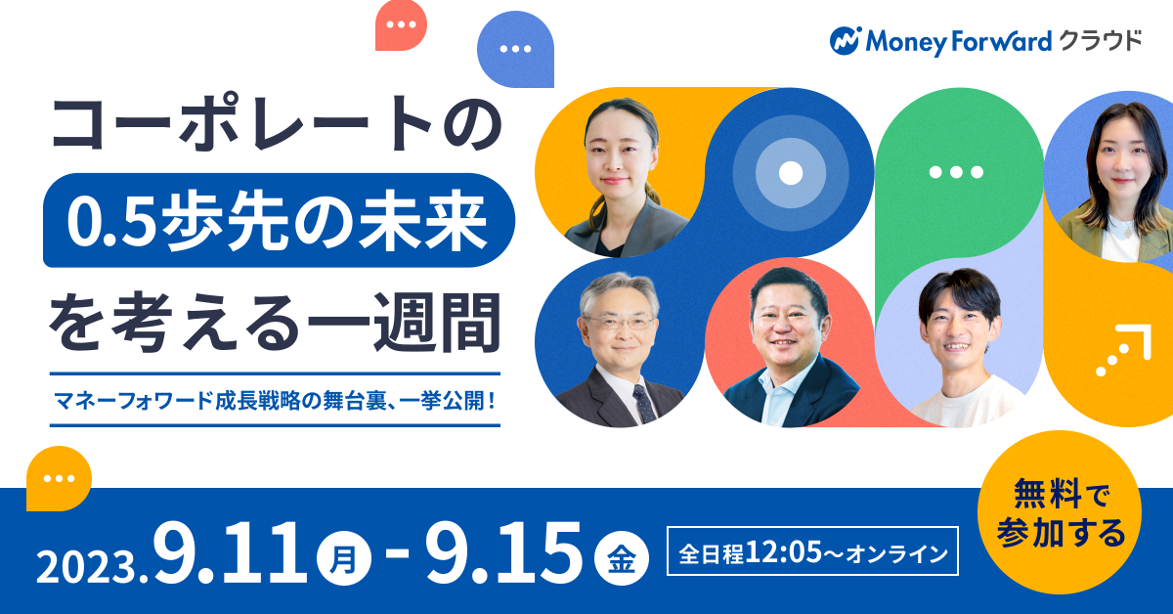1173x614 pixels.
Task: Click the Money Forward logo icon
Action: coord(846,41)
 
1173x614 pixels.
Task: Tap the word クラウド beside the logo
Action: coord(1102,41)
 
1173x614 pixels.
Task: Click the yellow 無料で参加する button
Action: coord(1059,512)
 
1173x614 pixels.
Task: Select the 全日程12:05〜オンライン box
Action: coord(812,551)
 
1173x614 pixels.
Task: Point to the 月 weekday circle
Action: coord(344,558)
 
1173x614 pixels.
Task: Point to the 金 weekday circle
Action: coord(622,558)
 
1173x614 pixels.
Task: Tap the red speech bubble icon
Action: coord(401,25)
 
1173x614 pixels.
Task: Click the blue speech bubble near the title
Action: coord(515,49)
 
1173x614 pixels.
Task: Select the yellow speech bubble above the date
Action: coord(59,478)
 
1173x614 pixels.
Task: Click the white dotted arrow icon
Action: coord(1123,350)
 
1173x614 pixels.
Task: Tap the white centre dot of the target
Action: coord(791,173)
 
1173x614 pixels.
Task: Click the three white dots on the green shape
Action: coord(956,172)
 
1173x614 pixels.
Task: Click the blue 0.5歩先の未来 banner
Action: coord(280,220)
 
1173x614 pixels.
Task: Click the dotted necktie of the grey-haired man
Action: coord(644,403)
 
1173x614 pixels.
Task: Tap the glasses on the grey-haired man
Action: coord(621,323)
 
